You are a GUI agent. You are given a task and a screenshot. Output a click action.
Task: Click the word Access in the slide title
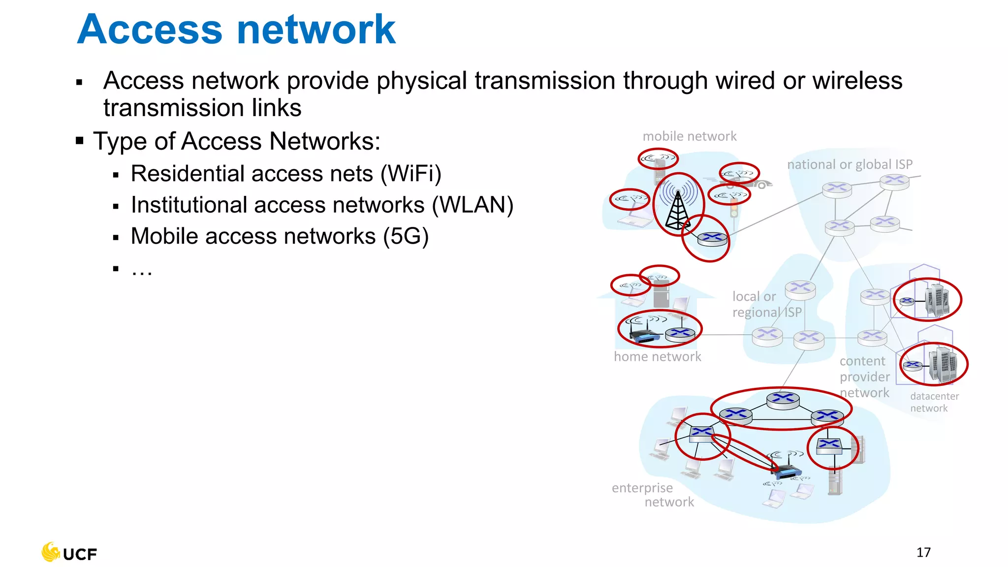click(x=150, y=30)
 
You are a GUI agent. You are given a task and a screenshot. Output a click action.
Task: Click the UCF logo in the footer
click(x=69, y=553)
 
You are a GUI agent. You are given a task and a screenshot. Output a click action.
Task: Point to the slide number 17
click(x=923, y=552)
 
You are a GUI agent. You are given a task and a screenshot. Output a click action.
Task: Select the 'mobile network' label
click(x=689, y=136)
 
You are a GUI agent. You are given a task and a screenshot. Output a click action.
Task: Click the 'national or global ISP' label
click(x=850, y=164)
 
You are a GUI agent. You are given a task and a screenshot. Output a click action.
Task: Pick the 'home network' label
click(x=657, y=356)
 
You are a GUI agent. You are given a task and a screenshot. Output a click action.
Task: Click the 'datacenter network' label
click(x=934, y=402)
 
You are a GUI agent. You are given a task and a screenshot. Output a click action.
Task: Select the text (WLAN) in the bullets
click(x=472, y=205)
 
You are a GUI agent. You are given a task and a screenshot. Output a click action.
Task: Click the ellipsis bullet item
click(x=142, y=269)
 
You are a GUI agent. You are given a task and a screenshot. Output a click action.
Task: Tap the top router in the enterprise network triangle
click(x=783, y=398)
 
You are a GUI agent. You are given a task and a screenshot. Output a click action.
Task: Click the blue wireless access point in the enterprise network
click(x=786, y=472)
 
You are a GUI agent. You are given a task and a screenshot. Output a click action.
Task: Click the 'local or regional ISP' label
click(x=766, y=304)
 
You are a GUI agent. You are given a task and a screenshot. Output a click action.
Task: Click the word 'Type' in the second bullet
click(x=121, y=142)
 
